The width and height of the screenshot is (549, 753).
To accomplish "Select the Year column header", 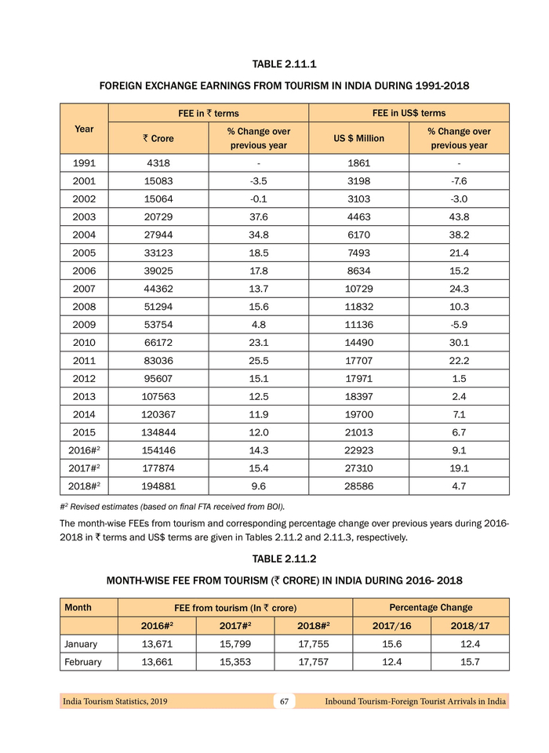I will coord(84,129).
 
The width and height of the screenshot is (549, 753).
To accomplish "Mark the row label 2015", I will coord(84,432).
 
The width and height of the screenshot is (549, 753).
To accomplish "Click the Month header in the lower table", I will coord(78,607).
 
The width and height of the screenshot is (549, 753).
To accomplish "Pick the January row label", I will coord(81,644).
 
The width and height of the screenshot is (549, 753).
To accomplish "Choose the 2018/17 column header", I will coord(470,626).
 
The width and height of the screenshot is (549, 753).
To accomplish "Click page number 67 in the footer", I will coord(284,700).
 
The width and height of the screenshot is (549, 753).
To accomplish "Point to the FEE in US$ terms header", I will coord(409,113).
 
